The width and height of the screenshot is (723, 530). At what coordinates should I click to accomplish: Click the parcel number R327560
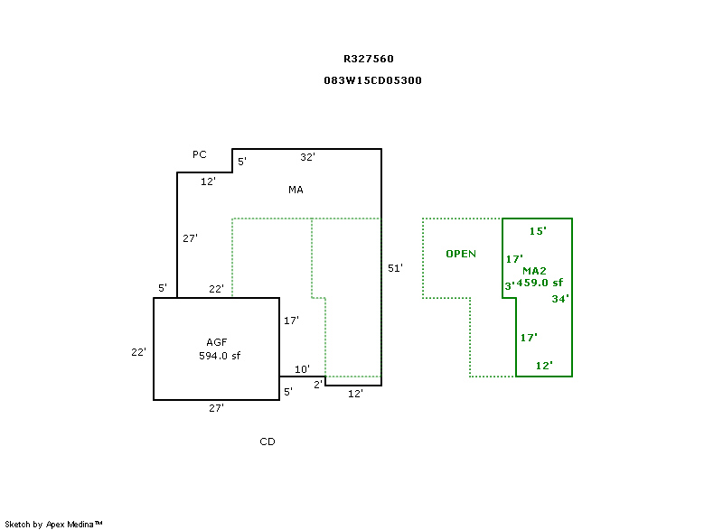point(368,59)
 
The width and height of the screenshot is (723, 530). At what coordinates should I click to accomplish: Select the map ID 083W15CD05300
point(372,80)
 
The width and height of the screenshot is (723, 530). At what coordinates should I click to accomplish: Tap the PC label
point(199,154)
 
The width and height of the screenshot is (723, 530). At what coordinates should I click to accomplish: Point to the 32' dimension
point(307,157)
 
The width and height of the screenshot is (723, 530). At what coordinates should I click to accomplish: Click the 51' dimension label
point(394,268)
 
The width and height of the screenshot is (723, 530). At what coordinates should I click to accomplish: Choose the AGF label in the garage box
point(216,342)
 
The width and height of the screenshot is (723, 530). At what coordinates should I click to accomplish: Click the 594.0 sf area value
point(220,356)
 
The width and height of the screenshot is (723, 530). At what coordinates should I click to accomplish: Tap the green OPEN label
point(461,254)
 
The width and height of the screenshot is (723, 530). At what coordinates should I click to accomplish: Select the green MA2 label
point(535,271)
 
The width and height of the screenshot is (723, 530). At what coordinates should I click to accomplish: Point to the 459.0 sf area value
point(540,282)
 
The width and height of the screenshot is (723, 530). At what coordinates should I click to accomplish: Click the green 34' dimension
point(559,299)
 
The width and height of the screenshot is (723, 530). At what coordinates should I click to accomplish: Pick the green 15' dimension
point(537,231)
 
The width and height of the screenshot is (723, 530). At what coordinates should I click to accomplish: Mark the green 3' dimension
point(510,286)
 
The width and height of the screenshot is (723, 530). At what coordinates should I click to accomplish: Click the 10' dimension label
point(302,368)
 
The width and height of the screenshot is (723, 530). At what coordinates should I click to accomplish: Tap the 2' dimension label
point(318,385)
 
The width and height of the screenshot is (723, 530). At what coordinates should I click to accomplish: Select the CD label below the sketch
point(267,442)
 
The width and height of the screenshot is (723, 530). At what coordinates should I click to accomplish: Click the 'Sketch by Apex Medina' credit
point(53,524)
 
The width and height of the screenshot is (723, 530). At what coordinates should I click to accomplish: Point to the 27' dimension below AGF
point(216,408)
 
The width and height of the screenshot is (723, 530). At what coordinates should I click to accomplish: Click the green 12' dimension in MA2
point(543,366)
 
